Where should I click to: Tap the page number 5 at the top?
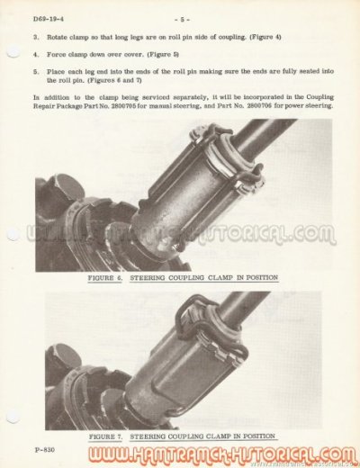[x=180, y=18]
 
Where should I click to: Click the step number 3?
[x=35, y=37]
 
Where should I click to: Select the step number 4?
[x=35, y=54]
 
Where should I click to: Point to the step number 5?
[x=35, y=69]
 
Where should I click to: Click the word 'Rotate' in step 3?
[x=59, y=37]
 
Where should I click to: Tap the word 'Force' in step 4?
[x=58, y=54]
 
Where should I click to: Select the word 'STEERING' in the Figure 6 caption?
[x=158, y=277]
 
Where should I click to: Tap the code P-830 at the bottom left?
[x=45, y=447]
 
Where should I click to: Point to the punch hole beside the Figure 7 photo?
[x=13, y=416]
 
